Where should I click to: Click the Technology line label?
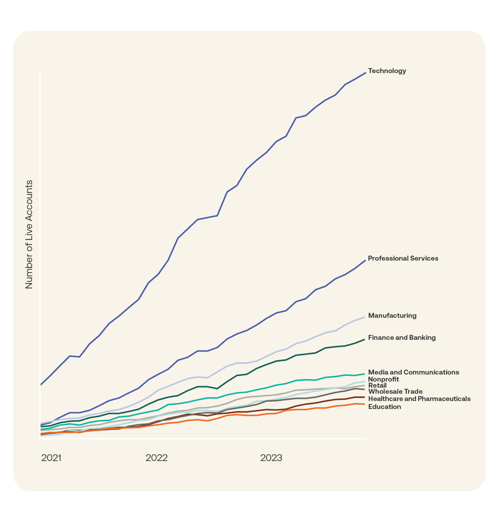pyautogui.click(x=387, y=71)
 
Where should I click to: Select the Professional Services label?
pyautogui.click(x=403, y=259)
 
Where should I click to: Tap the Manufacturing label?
pyautogui.click(x=392, y=316)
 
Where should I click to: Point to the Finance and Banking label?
pyautogui.click(x=402, y=338)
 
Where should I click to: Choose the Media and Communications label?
pyautogui.click(x=413, y=372)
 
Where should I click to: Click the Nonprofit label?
pyautogui.click(x=383, y=379)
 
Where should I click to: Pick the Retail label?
pyautogui.click(x=377, y=385)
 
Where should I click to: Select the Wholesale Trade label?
pyautogui.click(x=395, y=392)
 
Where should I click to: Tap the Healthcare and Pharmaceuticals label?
pyautogui.click(x=419, y=399)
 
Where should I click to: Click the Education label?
pyautogui.click(x=385, y=407)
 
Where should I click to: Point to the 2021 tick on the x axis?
pyautogui.click(x=51, y=458)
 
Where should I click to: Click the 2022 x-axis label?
pyautogui.click(x=157, y=458)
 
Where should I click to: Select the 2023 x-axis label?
pyautogui.click(x=271, y=458)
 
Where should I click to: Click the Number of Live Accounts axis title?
pyautogui.click(x=29, y=234)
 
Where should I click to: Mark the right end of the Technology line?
pyautogui.click(x=365, y=73)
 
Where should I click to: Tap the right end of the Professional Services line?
pyautogui.click(x=365, y=260)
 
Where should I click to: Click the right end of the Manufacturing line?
pyautogui.click(x=364, y=317)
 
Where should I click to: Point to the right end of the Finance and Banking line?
pyautogui.click(x=364, y=339)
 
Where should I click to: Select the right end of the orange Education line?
pyautogui.click(x=364, y=404)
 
